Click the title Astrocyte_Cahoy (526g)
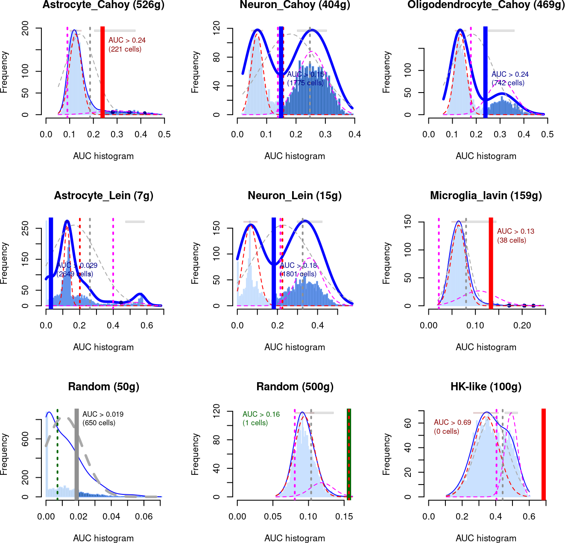pyautogui.click(x=103, y=5)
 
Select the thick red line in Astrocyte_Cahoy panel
pyautogui.click(x=102, y=73)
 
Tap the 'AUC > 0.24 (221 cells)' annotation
pyautogui.click(x=126, y=44)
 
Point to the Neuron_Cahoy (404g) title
pyautogui.click(x=295, y=5)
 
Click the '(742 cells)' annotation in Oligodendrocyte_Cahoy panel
pyautogui.click(x=508, y=83)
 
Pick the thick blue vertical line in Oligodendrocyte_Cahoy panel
pyautogui.click(x=485, y=73)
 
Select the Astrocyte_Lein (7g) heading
pyautogui.click(x=103, y=196)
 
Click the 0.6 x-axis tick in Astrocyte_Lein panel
pyautogui.click(x=146, y=325)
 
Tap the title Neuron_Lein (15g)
pyautogui.click(x=295, y=196)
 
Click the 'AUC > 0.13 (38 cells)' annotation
pyautogui.click(x=515, y=235)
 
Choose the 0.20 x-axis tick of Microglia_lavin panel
pyautogui.click(x=522, y=325)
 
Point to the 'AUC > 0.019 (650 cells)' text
pyautogui.click(x=102, y=418)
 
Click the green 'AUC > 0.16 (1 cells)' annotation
pyautogui.click(x=261, y=418)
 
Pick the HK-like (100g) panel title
pyautogui.click(x=486, y=387)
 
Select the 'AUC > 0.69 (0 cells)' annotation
pyautogui.click(x=452, y=427)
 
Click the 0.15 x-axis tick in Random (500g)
pyautogui.click(x=344, y=516)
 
